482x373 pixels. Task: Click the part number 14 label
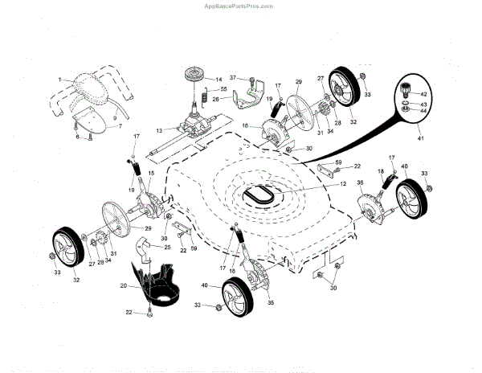(218, 80)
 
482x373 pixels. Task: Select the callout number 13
(159, 130)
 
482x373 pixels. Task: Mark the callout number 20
(123, 286)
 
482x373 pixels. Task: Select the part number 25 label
(167, 247)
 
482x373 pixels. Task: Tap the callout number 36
(360, 183)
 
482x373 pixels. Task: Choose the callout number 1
(59, 79)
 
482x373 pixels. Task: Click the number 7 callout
(120, 127)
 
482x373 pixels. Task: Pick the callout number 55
(224, 89)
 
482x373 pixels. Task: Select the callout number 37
(233, 78)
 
